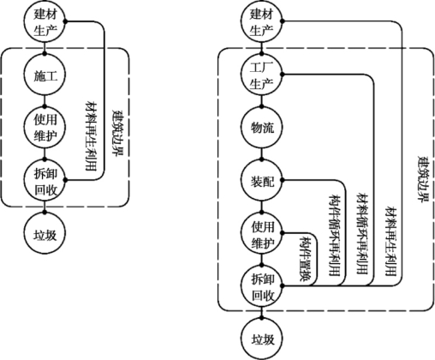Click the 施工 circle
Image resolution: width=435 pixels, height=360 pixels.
(45, 75)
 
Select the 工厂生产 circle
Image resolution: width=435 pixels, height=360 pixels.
(261, 75)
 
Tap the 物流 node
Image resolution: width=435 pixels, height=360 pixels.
(261, 128)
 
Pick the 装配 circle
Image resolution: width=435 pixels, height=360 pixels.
(261, 180)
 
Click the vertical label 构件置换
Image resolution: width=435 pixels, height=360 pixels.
(306, 259)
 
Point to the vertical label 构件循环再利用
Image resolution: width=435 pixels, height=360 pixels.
(335, 236)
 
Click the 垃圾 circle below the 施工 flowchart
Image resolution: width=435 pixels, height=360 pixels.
(45, 233)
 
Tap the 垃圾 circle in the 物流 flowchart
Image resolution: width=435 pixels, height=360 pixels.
(261, 339)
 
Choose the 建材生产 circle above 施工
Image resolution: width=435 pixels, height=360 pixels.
(45, 21)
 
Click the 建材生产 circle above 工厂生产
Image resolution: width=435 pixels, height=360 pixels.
(261, 21)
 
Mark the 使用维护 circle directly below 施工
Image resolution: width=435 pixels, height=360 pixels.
(45, 128)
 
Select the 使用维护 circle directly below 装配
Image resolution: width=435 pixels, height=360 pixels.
(261, 233)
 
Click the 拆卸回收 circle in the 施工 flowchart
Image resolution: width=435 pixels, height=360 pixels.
(45, 180)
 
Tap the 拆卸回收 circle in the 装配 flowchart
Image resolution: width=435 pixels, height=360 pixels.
(261, 286)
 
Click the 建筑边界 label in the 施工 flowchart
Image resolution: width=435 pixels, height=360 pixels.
(118, 133)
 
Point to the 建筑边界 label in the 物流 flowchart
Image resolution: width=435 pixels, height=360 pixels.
(424, 179)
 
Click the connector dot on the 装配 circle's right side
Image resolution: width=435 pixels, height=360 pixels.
(282, 180)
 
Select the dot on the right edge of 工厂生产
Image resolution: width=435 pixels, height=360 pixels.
(282, 75)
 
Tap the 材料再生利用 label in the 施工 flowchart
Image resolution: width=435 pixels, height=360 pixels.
(91, 136)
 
